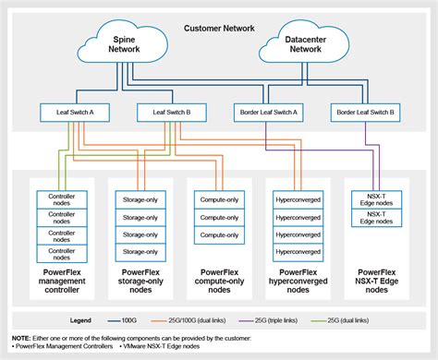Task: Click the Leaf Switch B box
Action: [x=164, y=113]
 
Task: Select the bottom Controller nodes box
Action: [x=60, y=254]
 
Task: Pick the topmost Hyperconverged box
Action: [x=298, y=198]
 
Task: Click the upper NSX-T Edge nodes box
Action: [x=378, y=199]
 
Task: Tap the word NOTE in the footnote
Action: [x=20, y=339]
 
